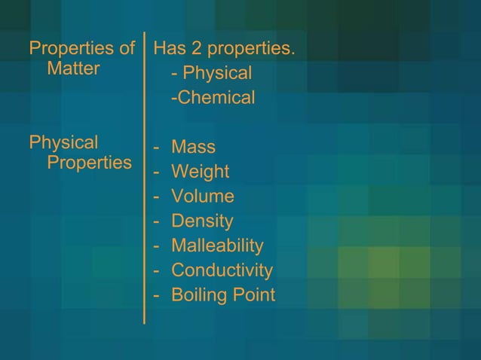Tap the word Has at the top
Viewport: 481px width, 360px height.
168,50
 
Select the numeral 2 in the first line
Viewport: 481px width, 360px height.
194,50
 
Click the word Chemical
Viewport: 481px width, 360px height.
216,98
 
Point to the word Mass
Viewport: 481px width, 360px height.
193,147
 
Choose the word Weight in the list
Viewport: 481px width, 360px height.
200,172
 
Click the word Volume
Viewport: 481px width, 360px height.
203,197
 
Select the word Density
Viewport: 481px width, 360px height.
202,221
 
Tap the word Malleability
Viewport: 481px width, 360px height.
217,246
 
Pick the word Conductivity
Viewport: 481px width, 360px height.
222,270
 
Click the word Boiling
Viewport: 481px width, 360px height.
197,295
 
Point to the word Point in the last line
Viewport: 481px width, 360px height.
252,294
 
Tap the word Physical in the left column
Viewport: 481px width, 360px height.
63,142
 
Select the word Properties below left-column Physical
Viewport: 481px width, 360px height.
89,163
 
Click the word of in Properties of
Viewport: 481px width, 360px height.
127,50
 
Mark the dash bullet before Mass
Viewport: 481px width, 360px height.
157,147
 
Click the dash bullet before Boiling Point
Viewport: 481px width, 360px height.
157,294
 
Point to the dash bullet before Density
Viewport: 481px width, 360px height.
157,221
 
